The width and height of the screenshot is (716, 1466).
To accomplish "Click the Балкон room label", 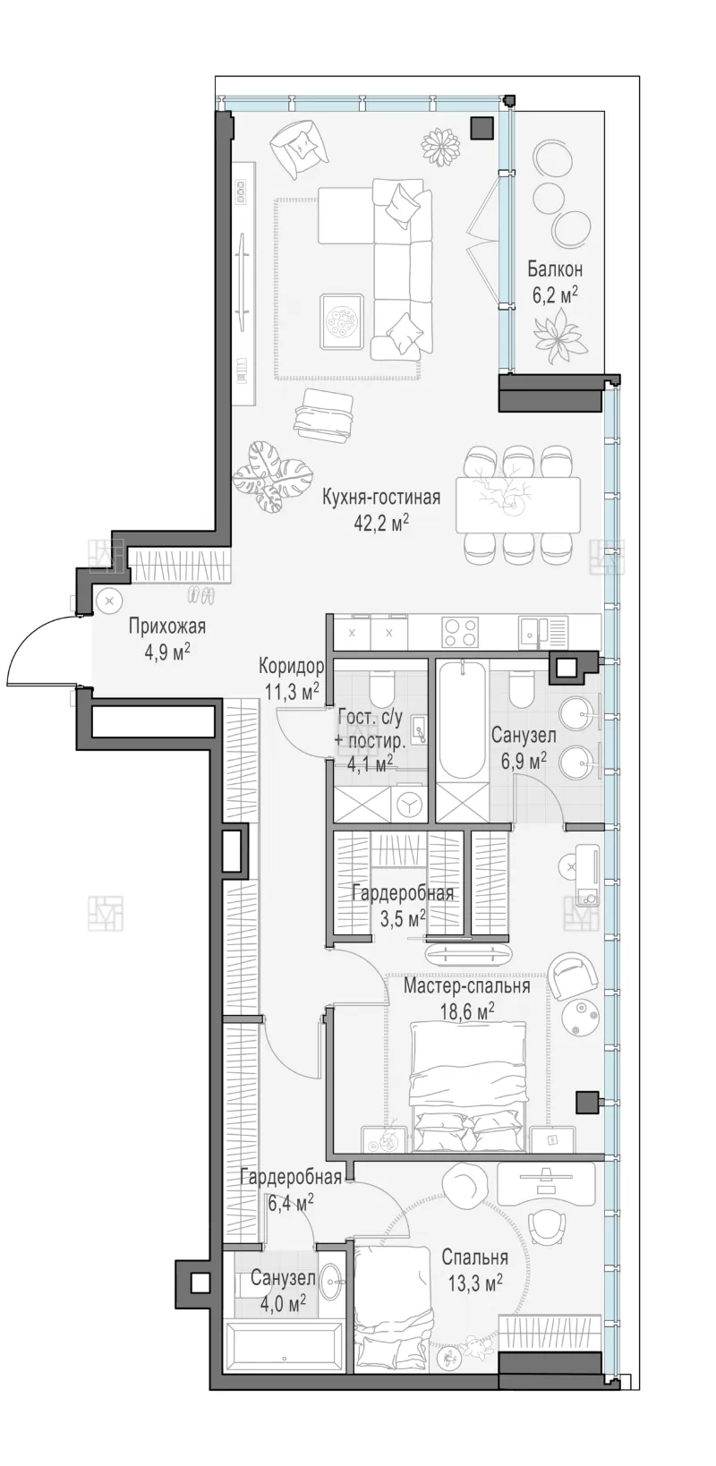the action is [555, 269].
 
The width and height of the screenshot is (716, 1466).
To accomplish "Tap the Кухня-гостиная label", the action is [381, 498].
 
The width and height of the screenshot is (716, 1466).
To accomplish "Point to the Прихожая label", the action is [166, 626].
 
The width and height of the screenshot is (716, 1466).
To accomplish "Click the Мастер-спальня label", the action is [466, 985].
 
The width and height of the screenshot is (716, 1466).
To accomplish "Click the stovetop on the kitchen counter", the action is [459, 633].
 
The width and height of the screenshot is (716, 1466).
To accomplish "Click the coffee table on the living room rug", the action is [341, 324].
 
